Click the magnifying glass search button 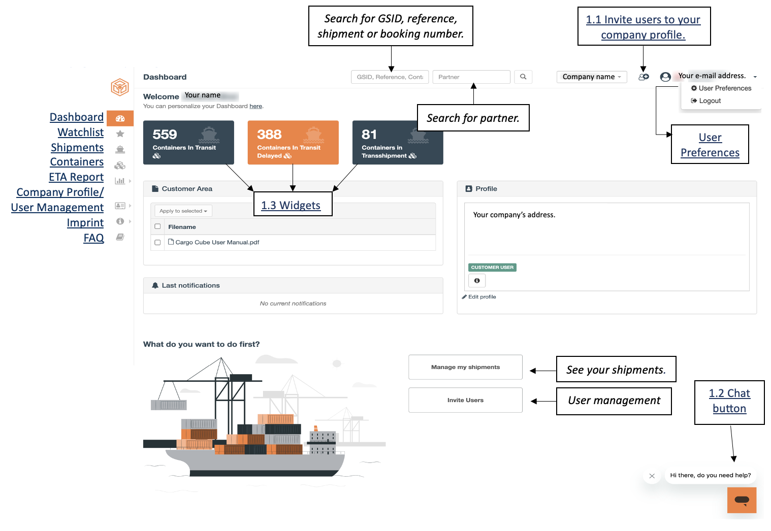tap(523, 77)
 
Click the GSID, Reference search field tap(390, 77)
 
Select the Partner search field tap(471, 77)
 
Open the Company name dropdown tap(592, 77)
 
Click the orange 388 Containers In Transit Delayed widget tap(293, 142)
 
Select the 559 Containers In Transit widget tap(188, 142)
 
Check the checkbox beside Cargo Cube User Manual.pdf tap(157, 243)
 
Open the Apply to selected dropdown tap(183, 211)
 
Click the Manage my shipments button tap(465, 367)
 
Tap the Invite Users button tap(465, 400)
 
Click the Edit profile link tap(479, 297)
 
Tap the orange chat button tap(742, 500)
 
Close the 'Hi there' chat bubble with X tap(652, 476)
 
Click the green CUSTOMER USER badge tap(492, 267)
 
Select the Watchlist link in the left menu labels tap(81, 132)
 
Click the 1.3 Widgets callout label tap(291, 205)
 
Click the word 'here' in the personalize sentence tap(255, 106)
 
